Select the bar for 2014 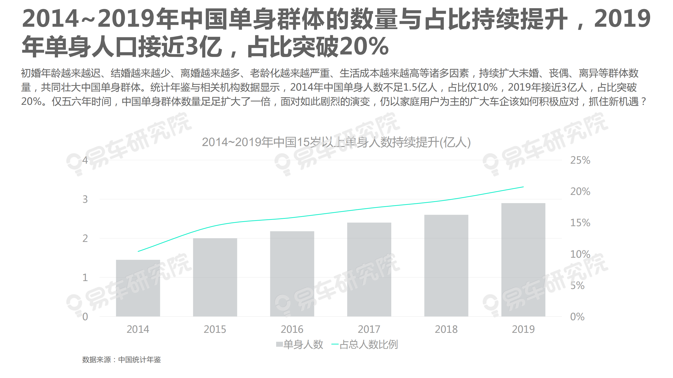pyautogui.click(x=138, y=288)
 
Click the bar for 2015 pyautogui.click(x=215, y=277)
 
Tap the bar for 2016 pyautogui.click(x=292, y=274)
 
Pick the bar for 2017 pyautogui.click(x=369, y=270)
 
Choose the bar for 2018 pyautogui.click(x=446, y=266)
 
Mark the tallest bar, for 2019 pyautogui.click(x=523, y=260)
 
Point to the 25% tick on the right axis pyautogui.click(x=580, y=160)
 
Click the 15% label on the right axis pyautogui.click(x=580, y=223)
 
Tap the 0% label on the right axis pyautogui.click(x=577, y=317)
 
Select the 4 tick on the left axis pyautogui.click(x=85, y=160)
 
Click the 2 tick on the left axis pyautogui.click(x=85, y=239)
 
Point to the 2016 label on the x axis pyautogui.click(x=292, y=329)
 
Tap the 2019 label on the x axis pyautogui.click(x=523, y=329)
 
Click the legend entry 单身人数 pyautogui.click(x=300, y=344)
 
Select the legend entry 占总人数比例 pyautogui.click(x=365, y=344)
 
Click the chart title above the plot pyautogui.click(x=336, y=142)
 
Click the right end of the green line pyautogui.click(x=523, y=187)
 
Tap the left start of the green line pyautogui.click(x=139, y=251)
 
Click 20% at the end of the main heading pyautogui.click(x=364, y=46)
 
